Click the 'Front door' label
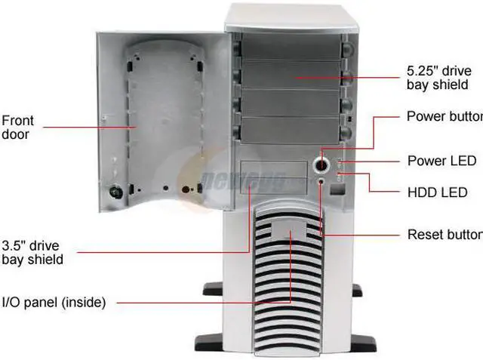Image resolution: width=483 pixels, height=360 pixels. [17, 127]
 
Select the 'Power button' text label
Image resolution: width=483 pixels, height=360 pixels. [444, 116]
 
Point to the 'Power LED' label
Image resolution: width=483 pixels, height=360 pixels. [441, 161]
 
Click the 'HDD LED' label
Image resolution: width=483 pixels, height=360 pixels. [438, 193]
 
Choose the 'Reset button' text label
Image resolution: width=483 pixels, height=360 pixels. [445, 233]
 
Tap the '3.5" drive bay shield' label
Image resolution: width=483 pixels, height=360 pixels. [32, 252]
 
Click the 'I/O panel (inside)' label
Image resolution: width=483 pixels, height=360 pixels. [53, 303]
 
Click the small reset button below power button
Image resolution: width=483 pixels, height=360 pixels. [322, 182]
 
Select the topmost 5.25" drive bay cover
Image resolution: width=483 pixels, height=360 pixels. [291, 45]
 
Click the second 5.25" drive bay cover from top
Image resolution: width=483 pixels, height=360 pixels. [291, 74]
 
